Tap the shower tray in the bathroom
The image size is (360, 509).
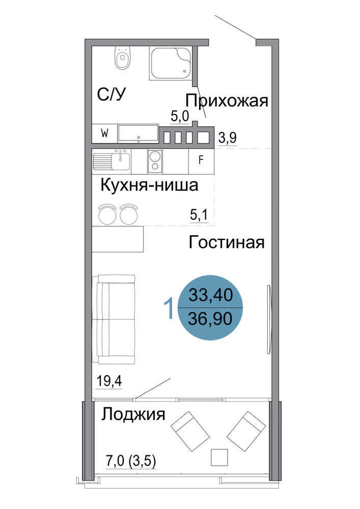pos(171,63)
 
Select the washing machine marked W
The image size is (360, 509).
pos(104,133)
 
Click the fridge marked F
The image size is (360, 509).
pos(201,160)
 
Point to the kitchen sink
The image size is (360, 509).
pos(112,161)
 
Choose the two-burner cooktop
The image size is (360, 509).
pos(155,161)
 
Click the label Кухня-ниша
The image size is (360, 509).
pos(149,185)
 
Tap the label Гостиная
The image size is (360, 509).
pos(227,242)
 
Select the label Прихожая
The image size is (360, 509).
pos(227,101)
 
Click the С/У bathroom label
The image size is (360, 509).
pos(112,94)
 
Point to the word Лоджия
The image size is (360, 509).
pos(133,414)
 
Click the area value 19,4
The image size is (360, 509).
pos(109,380)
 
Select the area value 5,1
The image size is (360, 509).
pos(199,215)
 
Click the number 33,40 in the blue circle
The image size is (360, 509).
pos(211,295)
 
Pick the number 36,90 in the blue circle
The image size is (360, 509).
pos(210,319)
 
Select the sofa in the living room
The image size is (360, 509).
pos(114,320)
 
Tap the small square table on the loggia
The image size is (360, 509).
pos(219,457)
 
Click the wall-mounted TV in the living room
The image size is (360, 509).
pos(268,319)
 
